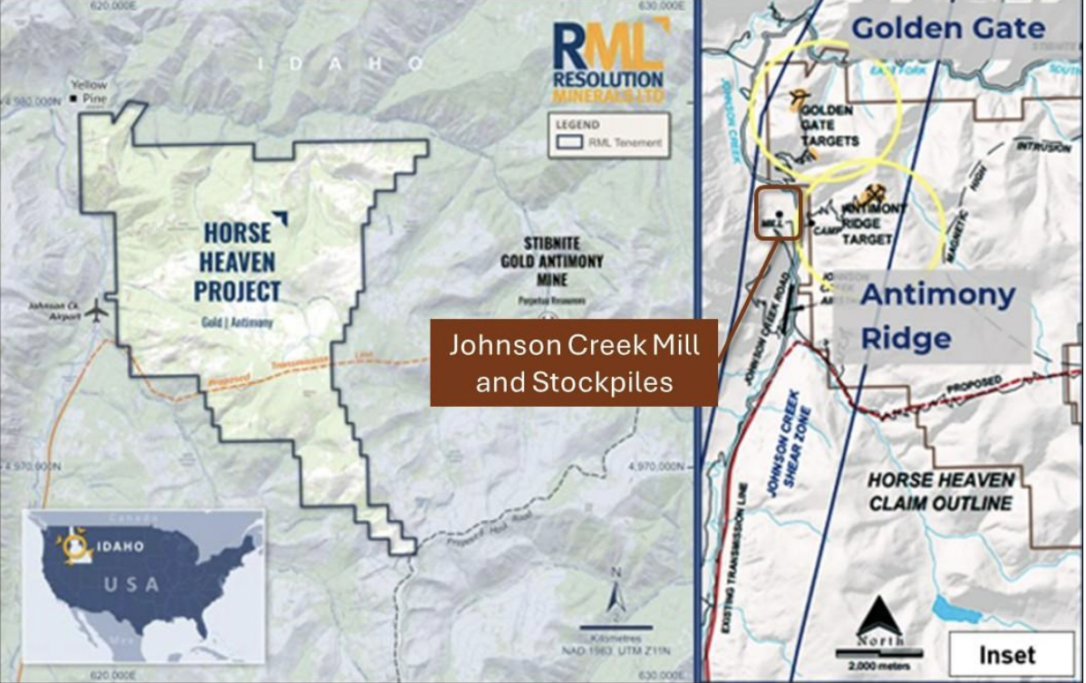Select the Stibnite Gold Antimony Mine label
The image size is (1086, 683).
pos(552,259)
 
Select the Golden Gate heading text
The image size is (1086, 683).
pos(947,28)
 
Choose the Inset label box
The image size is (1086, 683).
pos(1005,654)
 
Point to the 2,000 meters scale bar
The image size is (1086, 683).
pos(878,654)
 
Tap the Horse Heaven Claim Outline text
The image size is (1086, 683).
pos(940,491)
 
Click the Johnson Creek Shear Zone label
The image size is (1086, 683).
pos(785,441)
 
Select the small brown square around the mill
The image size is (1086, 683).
pos(779,213)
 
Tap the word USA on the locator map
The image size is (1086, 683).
pos(131,583)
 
